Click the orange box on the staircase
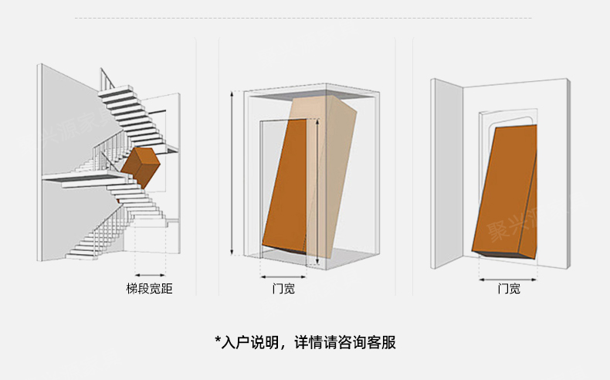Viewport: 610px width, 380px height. point(139,166)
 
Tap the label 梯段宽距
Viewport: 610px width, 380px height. point(149,289)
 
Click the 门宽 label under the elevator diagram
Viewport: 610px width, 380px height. point(283,289)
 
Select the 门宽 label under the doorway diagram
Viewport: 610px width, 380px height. point(508,289)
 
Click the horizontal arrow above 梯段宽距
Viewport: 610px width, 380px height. point(150,274)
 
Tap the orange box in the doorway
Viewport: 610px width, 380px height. point(503,193)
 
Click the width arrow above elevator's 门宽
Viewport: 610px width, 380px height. point(283,275)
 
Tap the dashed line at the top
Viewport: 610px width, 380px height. point(305,17)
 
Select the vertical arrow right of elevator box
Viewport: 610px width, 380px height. point(317,193)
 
